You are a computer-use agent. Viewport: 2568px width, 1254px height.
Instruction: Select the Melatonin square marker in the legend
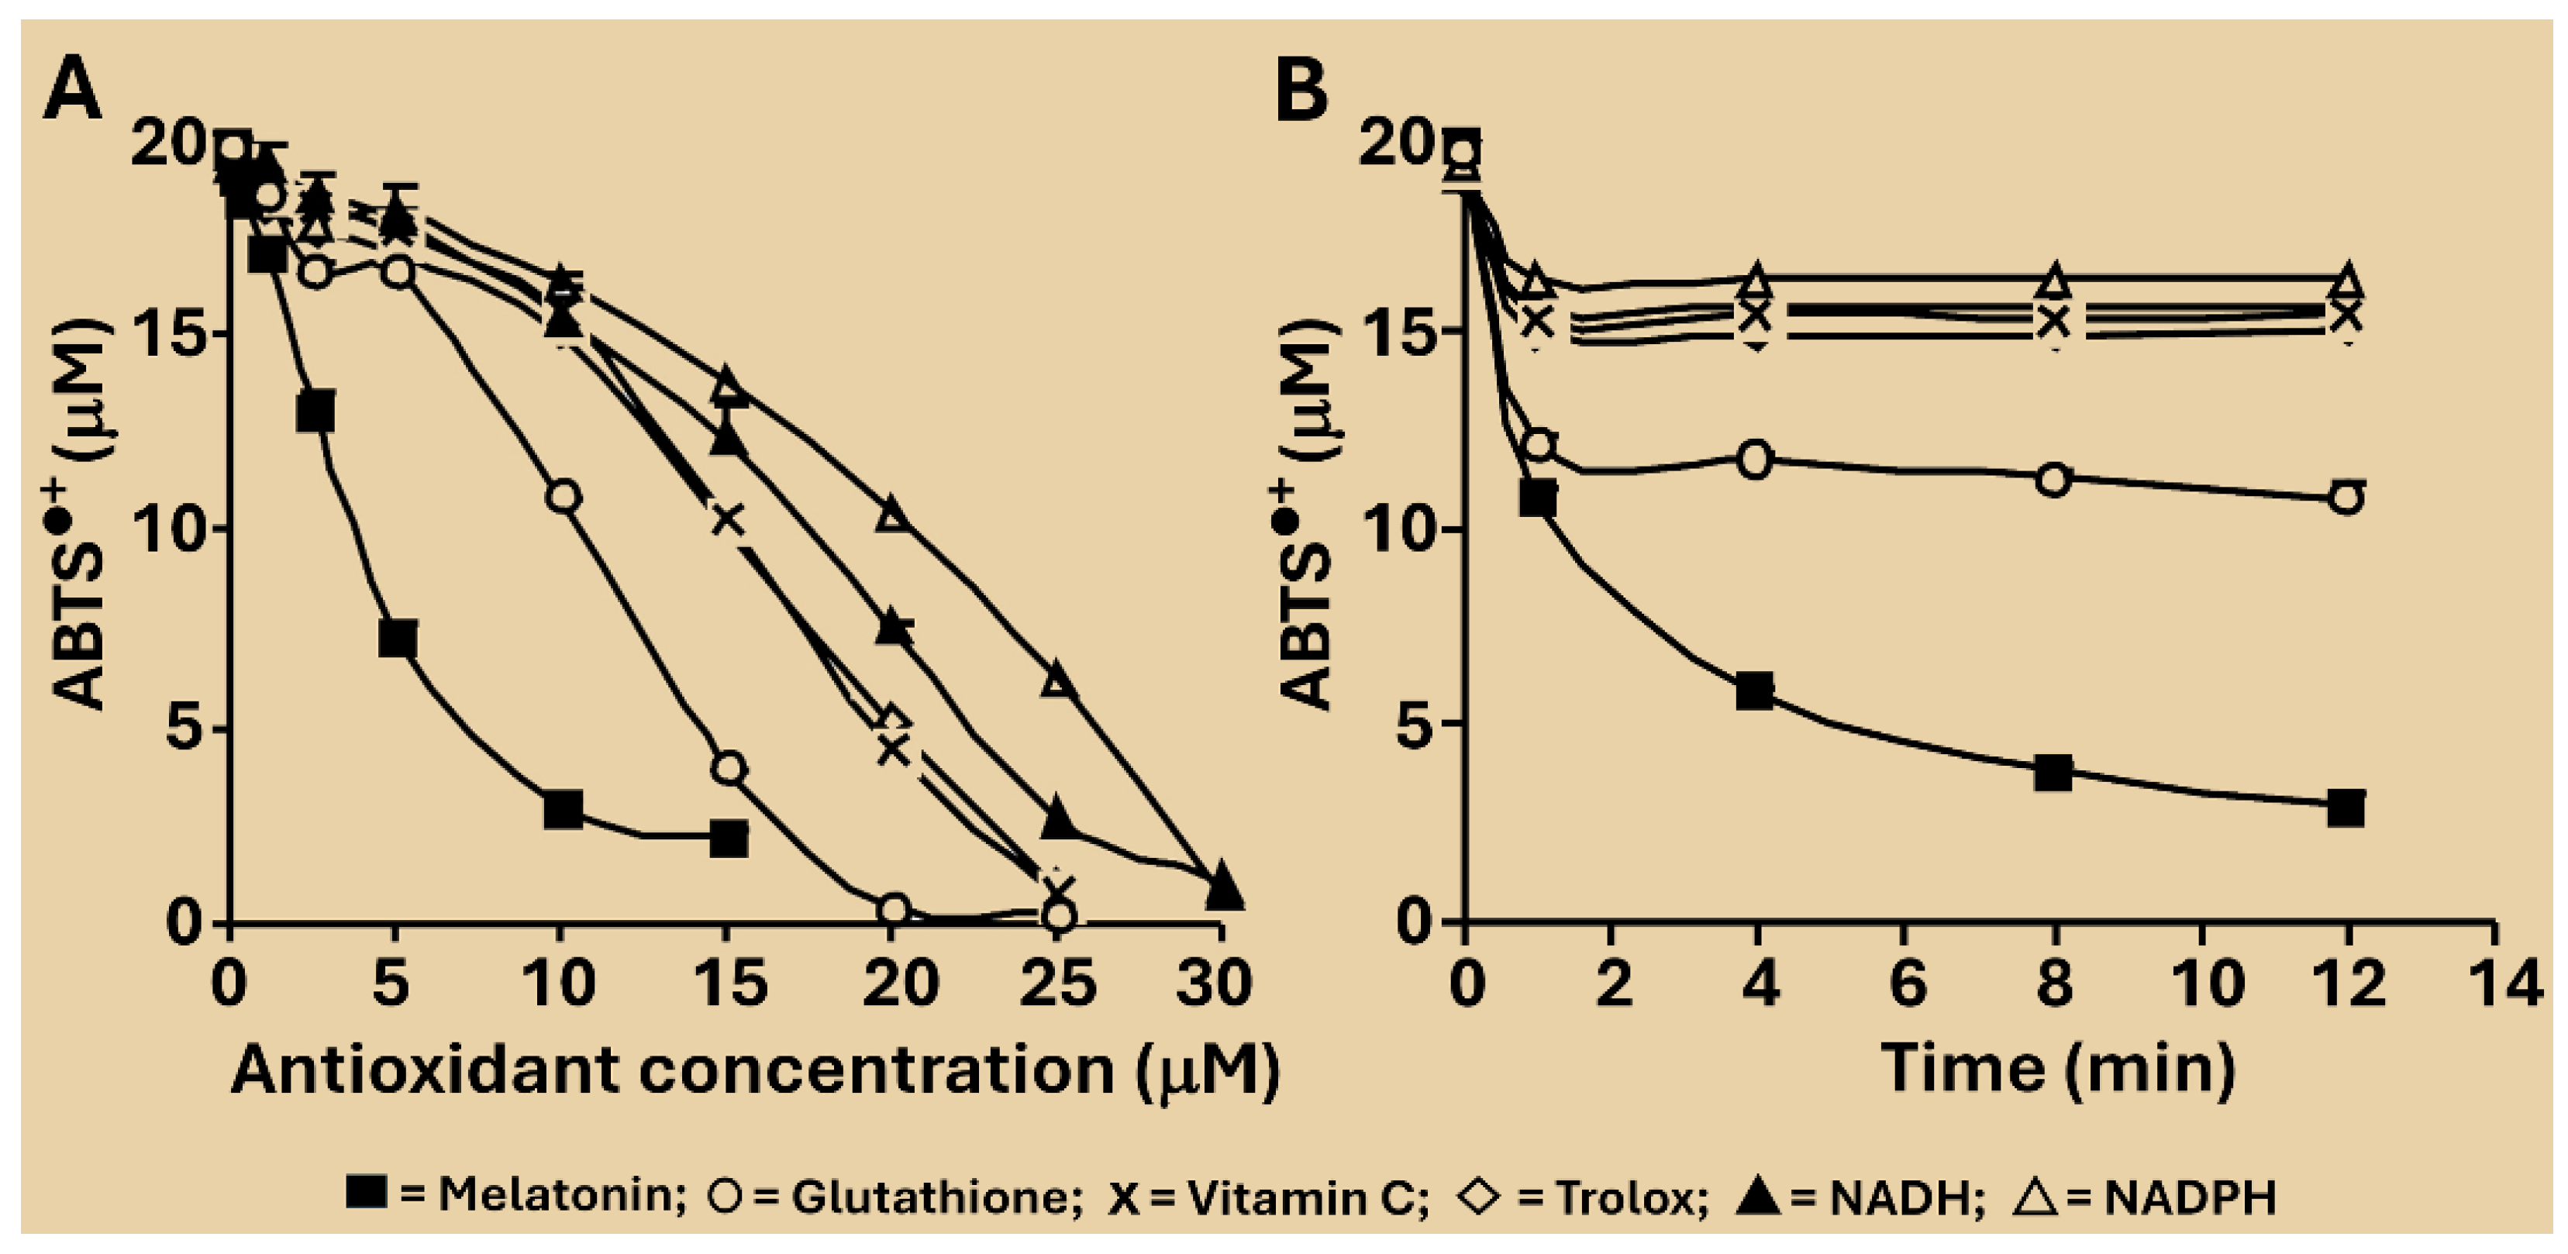point(367,1194)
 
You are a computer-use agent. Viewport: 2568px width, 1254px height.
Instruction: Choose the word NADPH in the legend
point(2191,1195)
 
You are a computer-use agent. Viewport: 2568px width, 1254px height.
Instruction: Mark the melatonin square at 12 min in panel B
point(2348,808)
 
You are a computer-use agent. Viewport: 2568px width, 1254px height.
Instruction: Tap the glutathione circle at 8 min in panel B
point(2053,480)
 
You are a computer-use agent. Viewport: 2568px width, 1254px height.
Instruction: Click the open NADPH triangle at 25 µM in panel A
point(1060,680)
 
